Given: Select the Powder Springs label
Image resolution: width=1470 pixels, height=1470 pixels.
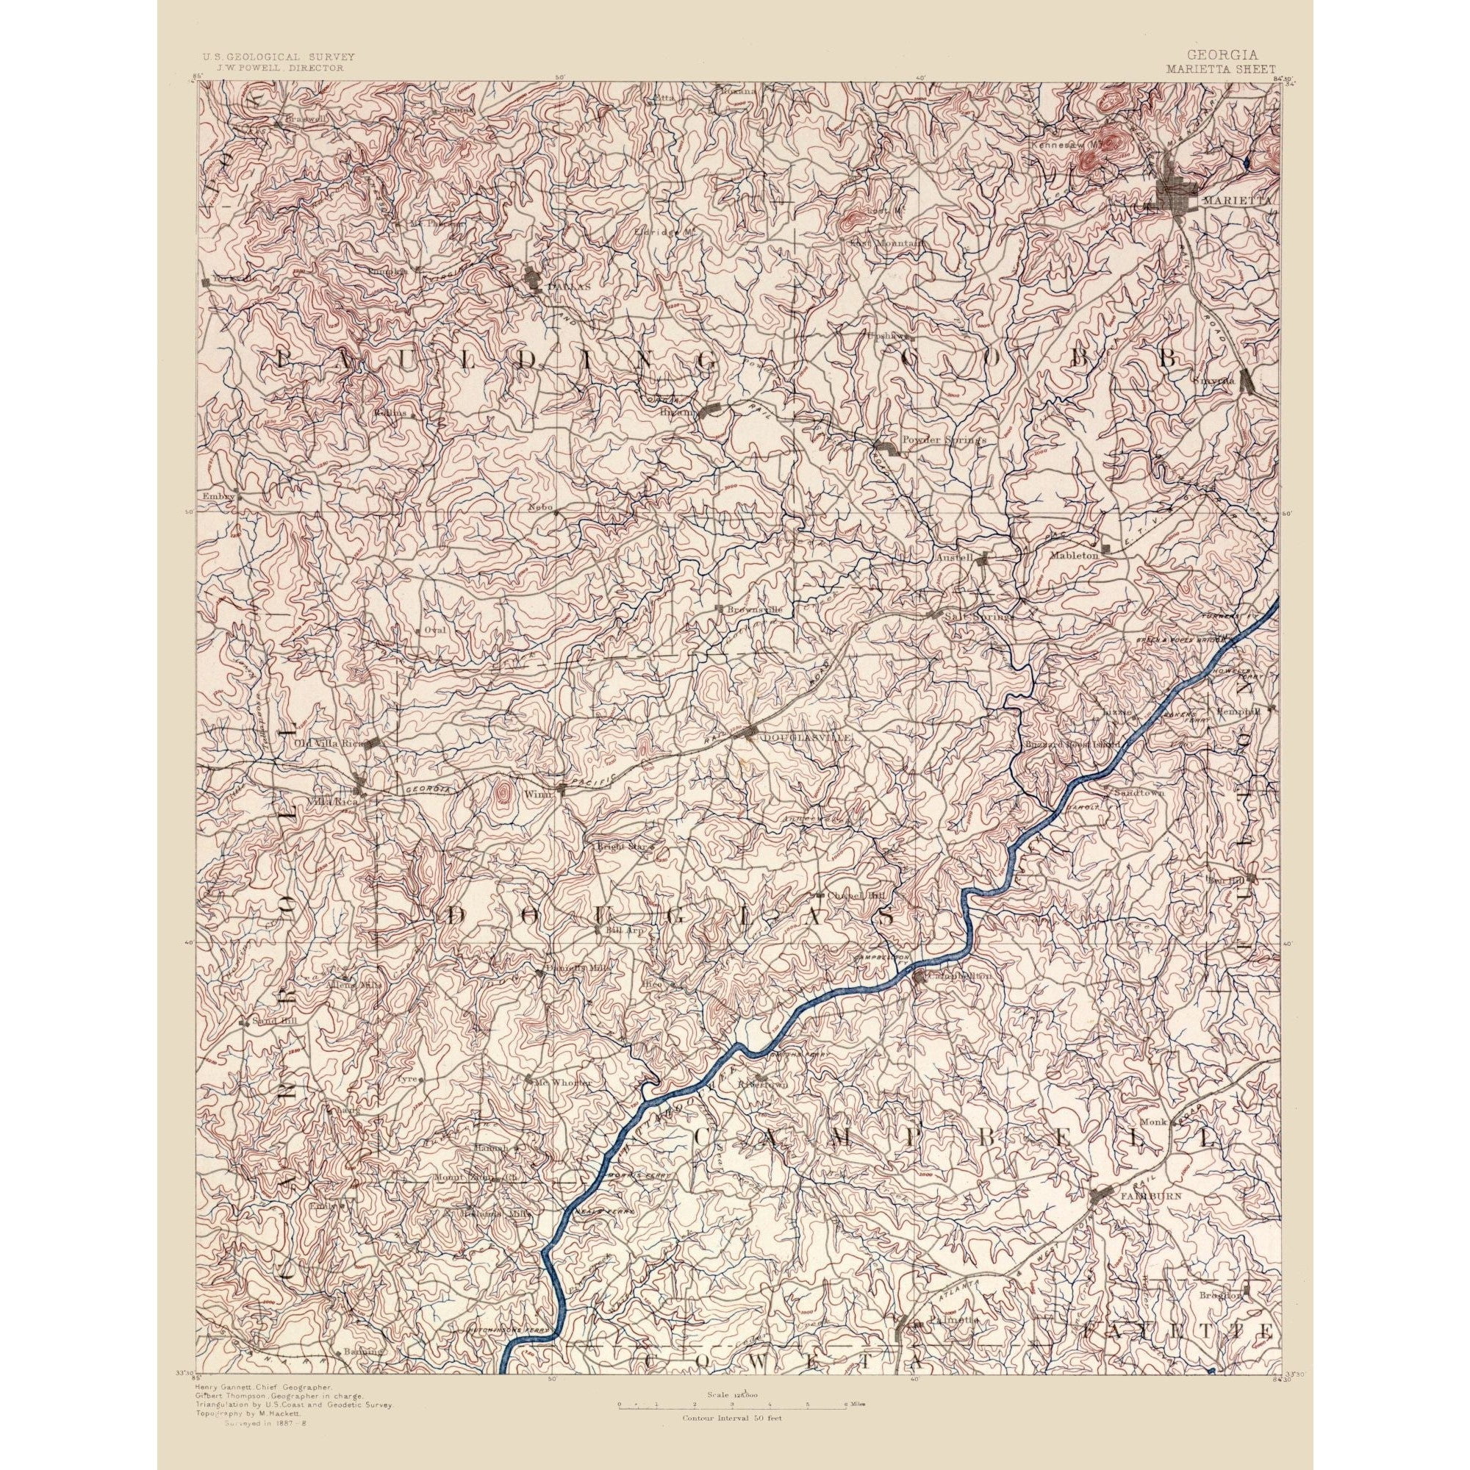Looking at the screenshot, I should [943, 440].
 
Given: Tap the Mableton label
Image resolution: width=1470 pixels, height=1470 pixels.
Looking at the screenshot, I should [1075, 556].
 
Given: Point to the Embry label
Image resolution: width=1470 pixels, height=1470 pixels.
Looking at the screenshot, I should [216, 495].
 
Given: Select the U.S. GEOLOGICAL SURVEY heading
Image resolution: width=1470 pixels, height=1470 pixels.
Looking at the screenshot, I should [278, 57].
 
